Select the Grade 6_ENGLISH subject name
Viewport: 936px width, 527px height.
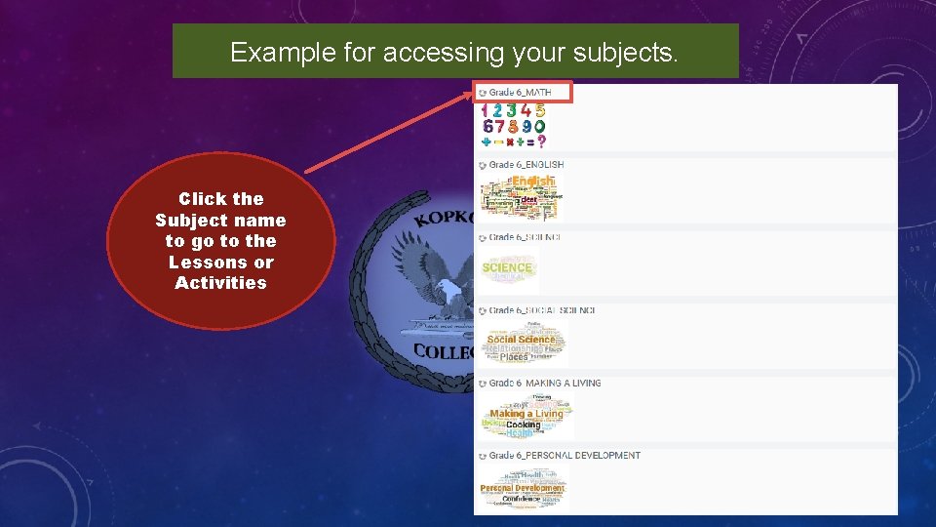click(526, 165)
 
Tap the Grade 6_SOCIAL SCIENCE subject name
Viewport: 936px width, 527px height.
click(541, 310)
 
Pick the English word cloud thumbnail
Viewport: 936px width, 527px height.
click(522, 195)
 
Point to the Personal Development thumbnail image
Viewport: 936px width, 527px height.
click(522, 489)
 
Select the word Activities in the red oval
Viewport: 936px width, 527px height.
click(220, 283)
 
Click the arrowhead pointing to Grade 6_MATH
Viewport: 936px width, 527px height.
click(475, 95)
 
